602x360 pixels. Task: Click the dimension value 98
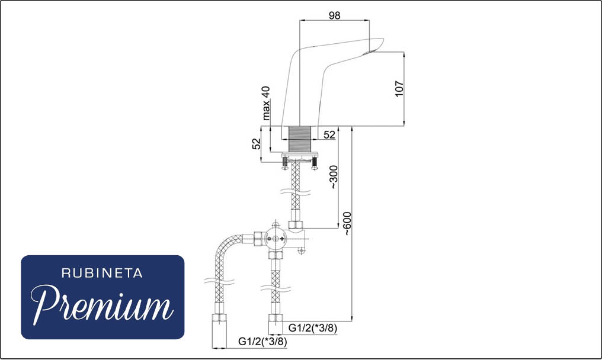tap(334, 15)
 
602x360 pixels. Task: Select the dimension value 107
tap(399, 89)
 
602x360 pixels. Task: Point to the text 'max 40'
tap(265, 103)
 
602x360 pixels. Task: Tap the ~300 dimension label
tap(334, 177)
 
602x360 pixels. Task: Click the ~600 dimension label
tap(347, 223)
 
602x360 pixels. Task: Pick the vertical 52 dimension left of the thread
tap(256, 144)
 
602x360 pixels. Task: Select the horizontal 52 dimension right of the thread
tap(329, 135)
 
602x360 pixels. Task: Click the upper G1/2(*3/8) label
tap(312, 328)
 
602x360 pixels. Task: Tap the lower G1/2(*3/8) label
tap(262, 341)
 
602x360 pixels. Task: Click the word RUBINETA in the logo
tap(102, 274)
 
